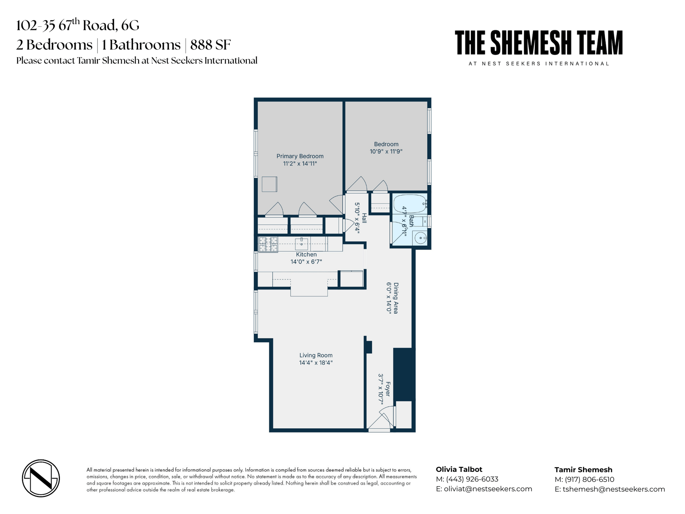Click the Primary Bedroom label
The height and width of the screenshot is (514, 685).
click(x=300, y=156)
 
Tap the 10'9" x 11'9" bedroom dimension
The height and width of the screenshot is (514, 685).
click(x=386, y=151)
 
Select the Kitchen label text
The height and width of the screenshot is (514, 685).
click(x=306, y=255)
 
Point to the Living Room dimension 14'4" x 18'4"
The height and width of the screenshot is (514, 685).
click(x=316, y=363)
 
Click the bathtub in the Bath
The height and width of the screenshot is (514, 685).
click(x=410, y=204)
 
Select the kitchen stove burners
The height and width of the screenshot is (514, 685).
click(x=268, y=245)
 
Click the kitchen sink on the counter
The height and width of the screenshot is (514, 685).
click(x=301, y=244)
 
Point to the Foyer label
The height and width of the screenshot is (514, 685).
click(x=388, y=389)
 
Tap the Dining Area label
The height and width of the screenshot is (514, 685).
click(x=396, y=298)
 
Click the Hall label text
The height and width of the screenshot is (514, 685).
click(x=364, y=218)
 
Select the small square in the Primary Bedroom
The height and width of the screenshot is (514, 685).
click(x=269, y=184)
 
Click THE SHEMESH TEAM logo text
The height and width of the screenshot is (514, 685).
click(x=539, y=43)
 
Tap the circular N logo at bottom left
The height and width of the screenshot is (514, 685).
click(x=41, y=478)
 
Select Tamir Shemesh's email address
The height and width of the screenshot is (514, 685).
click(x=614, y=489)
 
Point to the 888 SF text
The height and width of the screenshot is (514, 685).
click(x=210, y=45)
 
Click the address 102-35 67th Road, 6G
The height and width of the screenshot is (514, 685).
click(x=78, y=25)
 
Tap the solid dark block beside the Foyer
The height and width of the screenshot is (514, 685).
click(x=404, y=374)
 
